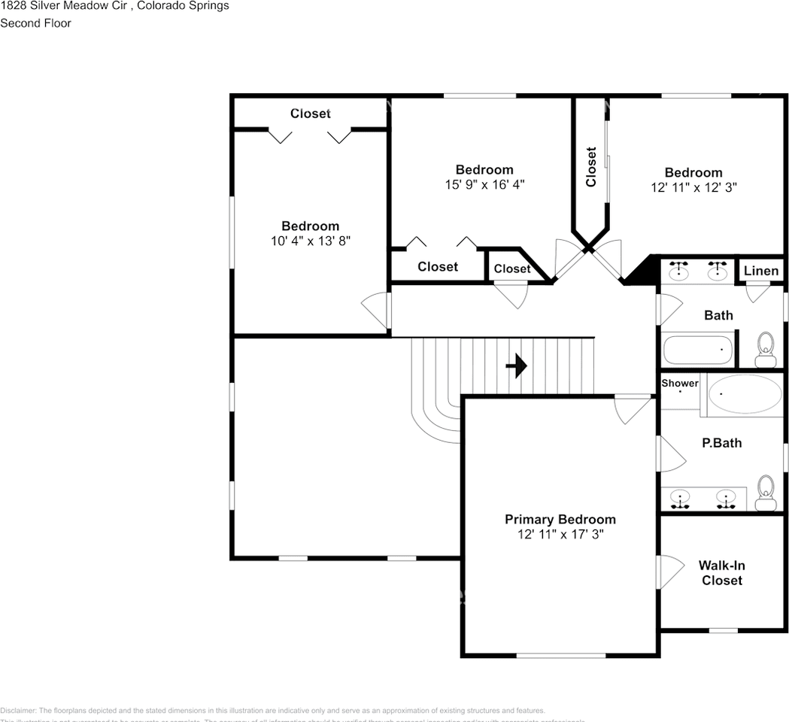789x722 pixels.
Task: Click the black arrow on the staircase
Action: coord(516,366)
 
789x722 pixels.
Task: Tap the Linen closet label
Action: coord(761,271)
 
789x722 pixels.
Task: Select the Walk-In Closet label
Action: coord(721,573)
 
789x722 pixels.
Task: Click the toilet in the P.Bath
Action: coord(766,487)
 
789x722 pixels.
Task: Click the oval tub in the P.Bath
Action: coord(745,394)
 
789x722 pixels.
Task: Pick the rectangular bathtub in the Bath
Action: coord(697,350)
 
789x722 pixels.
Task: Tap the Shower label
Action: coord(680,384)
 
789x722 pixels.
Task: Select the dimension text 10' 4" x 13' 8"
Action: coord(311,241)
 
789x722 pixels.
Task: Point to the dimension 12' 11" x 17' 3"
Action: coord(560,534)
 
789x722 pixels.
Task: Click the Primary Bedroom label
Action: coord(560,519)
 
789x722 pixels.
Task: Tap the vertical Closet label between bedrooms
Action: coord(591,167)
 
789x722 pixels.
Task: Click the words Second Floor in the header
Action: coord(35,23)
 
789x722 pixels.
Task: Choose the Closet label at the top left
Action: coord(311,114)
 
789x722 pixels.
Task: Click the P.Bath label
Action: coord(721,443)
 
